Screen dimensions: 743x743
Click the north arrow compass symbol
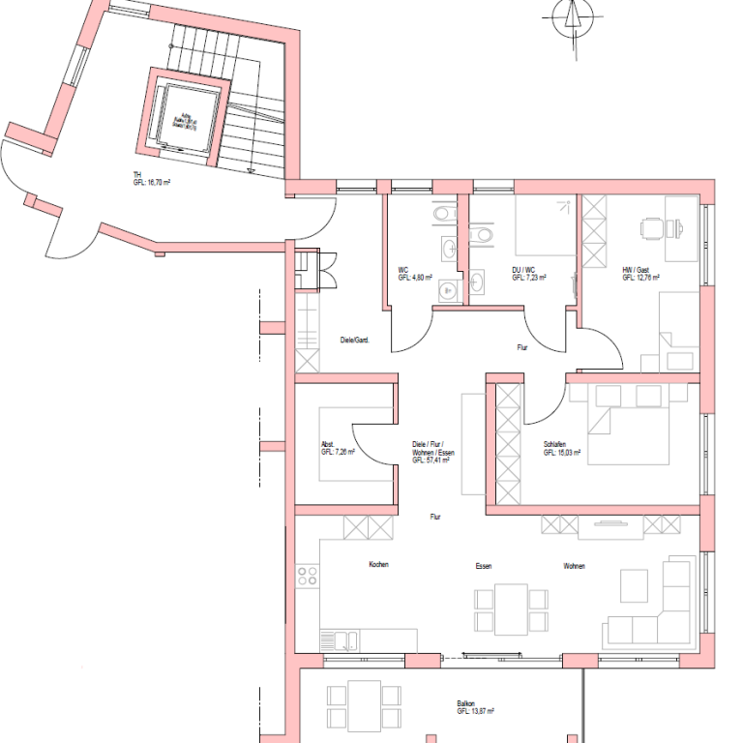pyautogui.click(x=572, y=16)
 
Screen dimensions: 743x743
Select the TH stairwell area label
pyautogui.click(x=151, y=178)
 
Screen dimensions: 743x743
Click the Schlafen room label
pyautogui.click(x=561, y=449)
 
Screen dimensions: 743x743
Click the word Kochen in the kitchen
pyautogui.click(x=378, y=565)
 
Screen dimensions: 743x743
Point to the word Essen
pyautogui.click(x=484, y=566)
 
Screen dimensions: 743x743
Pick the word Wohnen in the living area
pyautogui.click(x=575, y=566)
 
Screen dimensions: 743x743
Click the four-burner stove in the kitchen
pyautogui.click(x=308, y=577)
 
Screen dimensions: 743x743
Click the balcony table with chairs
pyautogui.click(x=364, y=704)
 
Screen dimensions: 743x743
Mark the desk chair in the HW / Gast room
pyautogui.click(x=650, y=228)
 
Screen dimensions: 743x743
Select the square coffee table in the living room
pyautogui.click(x=634, y=583)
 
